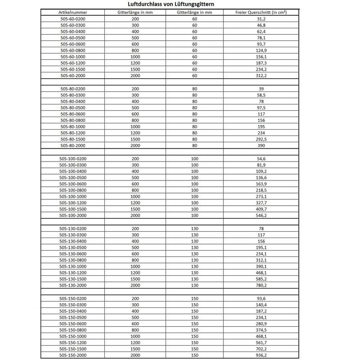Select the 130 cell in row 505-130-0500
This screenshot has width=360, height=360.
pyautogui.click(x=194, y=247)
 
